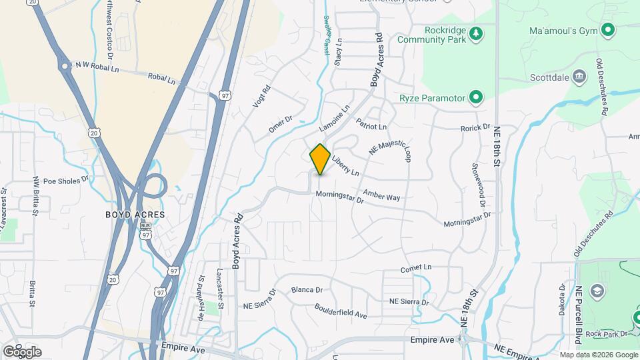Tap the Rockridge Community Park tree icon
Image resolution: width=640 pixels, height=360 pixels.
click(475, 33)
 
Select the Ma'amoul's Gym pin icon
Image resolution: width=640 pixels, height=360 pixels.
click(607, 30)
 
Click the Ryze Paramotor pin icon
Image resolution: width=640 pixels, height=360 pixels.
click(475, 98)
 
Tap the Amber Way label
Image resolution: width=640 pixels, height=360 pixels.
click(381, 196)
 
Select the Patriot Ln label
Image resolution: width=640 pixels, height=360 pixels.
click(371, 123)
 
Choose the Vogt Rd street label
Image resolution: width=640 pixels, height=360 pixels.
click(261, 97)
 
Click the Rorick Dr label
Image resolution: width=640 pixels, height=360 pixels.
click(475, 127)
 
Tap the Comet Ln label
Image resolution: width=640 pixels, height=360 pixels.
click(416, 268)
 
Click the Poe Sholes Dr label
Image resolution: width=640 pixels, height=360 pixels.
click(65, 180)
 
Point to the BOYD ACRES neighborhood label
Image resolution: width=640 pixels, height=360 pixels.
click(135, 215)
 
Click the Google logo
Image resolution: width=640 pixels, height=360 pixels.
click(22, 351)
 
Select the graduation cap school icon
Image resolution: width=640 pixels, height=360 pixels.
click(597, 291)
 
